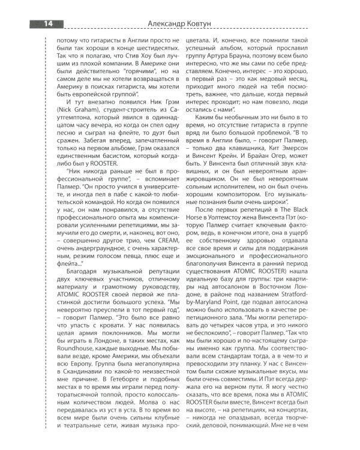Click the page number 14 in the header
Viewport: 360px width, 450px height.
pos(46,23)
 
